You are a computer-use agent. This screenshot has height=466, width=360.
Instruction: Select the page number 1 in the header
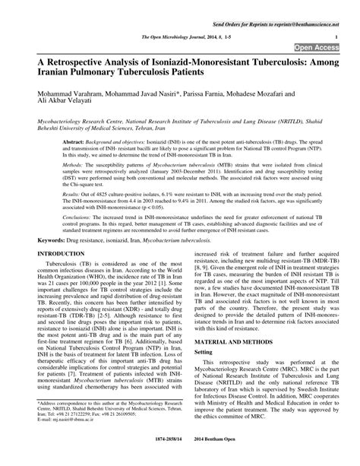pos(336,35)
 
